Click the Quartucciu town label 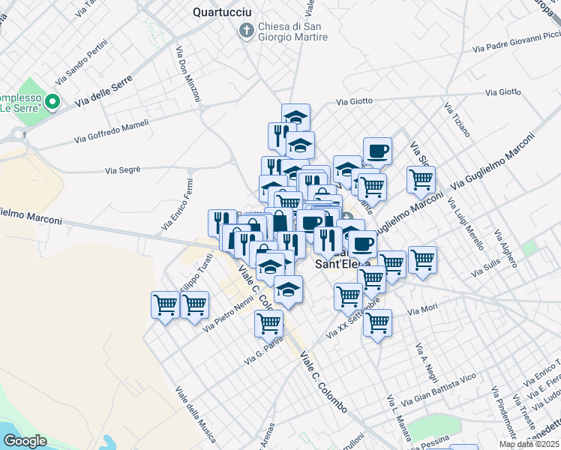click(x=222, y=12)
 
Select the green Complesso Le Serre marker click(x=52, y=100)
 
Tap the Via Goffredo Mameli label click(x=112, y=132)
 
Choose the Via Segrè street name click(x=123, y=170)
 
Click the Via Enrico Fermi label click(x=178, y=204)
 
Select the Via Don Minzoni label click(x=188, y=74)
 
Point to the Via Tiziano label click(x=457, y=119)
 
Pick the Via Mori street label click(x=422, y=309)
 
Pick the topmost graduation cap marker click(x=295, y=117)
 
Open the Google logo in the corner click(x=25, y=441)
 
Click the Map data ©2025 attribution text click(x=529, y=444)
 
